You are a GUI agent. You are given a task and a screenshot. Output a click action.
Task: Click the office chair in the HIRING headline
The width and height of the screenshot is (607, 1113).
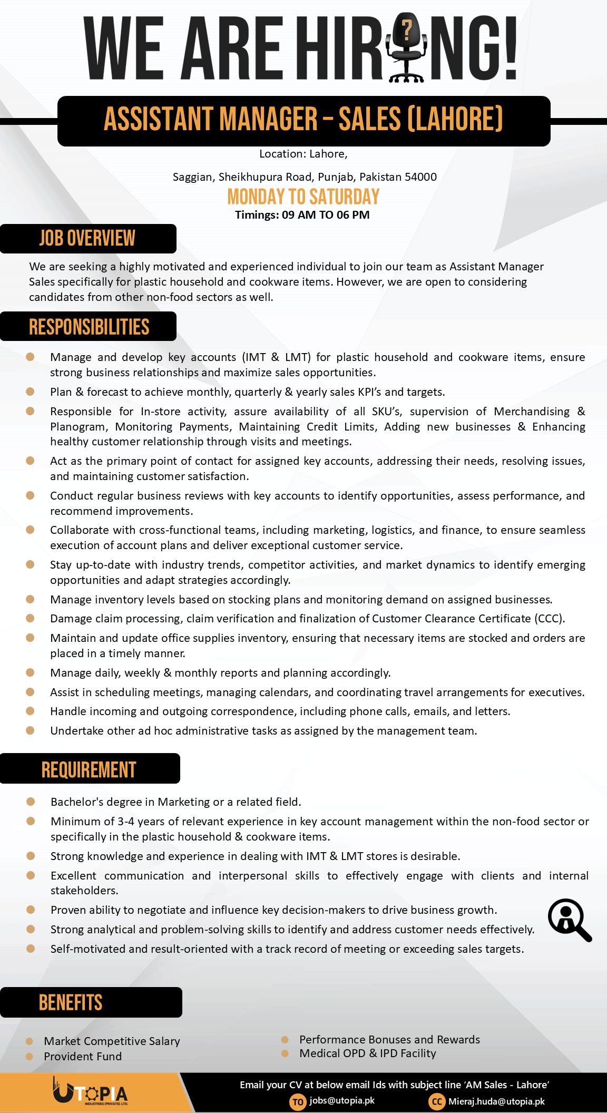click(x=406, y=50)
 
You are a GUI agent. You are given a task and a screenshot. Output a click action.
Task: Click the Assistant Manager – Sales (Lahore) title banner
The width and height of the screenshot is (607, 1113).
click(x=303, y=120)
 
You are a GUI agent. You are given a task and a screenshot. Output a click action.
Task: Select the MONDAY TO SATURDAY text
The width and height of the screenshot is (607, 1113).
click(x=303, y=197)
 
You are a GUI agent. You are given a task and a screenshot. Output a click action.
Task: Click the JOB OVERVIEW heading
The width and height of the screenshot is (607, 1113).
click(x=87, y=238)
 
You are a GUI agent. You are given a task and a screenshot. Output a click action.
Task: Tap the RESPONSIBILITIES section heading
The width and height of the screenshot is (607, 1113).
click(x=89, y=327)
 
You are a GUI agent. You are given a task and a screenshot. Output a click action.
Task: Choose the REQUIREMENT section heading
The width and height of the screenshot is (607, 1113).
click(x=89, y=769)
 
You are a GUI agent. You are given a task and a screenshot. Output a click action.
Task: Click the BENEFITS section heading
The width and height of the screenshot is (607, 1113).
click(x=71, y=1002)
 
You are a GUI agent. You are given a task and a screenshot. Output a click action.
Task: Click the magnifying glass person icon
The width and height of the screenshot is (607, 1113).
click(x=569, y=920)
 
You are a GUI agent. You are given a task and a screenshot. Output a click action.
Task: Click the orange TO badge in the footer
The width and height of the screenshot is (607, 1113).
click(x=298, y=1101)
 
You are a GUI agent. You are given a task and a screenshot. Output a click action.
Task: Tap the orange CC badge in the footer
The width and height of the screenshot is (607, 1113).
click(x=437, y=1101)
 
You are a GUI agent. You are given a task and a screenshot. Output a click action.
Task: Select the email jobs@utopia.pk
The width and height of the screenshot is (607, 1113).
click(x=342, y=1100)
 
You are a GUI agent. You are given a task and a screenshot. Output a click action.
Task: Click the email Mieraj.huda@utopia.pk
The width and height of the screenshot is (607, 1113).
click(x=496, y=1101)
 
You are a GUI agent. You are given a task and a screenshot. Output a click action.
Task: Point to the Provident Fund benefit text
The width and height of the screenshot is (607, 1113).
click(x=83, y=1056)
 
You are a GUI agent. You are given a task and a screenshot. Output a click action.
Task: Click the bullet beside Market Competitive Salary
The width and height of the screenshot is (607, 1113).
click(x=30, y=1041)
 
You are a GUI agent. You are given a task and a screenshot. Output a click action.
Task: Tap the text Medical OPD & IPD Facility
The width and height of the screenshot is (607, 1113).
click(x=368, y=1053)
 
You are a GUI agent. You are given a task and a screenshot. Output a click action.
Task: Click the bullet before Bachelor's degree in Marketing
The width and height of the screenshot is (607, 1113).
click(x=31, y=802)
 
